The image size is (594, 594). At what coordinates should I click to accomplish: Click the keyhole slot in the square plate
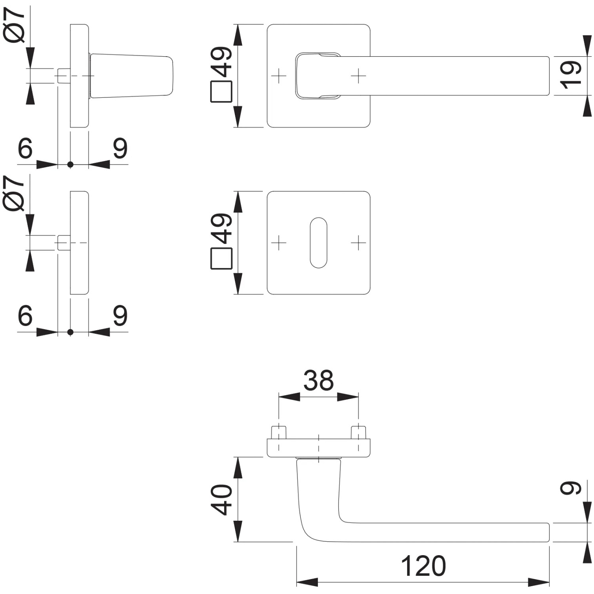[x=319, y=242]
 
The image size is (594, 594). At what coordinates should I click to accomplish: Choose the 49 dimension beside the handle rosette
[x=221, y=61]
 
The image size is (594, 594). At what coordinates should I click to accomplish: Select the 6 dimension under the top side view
[x=25, y=148]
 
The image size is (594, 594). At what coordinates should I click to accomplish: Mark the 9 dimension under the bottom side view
[x=120, y=316]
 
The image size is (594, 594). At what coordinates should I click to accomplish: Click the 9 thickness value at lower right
[x=571, y=488]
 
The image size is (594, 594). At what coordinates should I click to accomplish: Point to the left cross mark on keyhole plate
[x=279, y=242]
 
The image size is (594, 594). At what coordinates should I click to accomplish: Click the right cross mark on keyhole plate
[x=358, y=242]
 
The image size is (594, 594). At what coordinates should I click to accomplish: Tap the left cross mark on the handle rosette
[x=279, y=75]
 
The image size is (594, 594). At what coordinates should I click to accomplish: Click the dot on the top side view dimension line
[x=70, y=164]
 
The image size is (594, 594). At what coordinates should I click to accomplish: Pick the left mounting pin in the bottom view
[x=279, y=433]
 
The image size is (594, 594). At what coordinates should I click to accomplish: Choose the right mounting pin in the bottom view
[x=358, y=433]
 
